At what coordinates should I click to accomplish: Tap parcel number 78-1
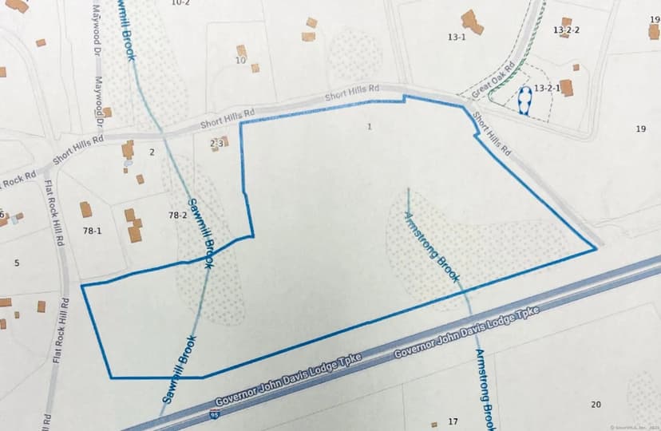pos(92,231)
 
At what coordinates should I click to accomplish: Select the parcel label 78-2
pos(177,215)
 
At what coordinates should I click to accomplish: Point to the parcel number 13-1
pos(457,37)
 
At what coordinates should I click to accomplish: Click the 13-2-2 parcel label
pos(566,30)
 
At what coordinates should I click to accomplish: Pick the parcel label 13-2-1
pos(547,88)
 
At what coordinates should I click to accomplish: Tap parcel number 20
pos(596,405)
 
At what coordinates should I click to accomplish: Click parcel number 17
pos(453,421)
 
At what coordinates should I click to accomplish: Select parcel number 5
pos(16,263)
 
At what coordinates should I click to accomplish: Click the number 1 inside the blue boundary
pos(370,126)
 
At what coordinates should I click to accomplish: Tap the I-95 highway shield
pos(213,415)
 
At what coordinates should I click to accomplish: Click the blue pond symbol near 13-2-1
pos(524,99)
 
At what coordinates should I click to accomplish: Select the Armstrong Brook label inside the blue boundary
pos(432,247)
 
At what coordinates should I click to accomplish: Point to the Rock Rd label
pos(18,180)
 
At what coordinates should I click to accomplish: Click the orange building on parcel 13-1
pos(472,22)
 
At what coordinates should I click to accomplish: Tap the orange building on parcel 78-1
pos(85,209)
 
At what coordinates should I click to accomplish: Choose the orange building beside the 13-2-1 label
pos(567,87)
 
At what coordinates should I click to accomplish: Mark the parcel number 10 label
pos(240,61)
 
